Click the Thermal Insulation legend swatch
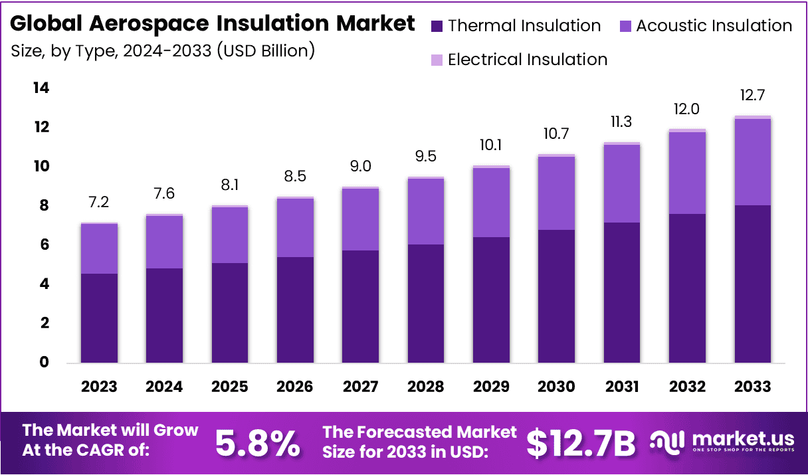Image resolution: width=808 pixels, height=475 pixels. tap(437, 27)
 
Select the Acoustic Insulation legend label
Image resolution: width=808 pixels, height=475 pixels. tap(714, 26)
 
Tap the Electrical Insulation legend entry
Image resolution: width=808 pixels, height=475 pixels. tap(527, 60)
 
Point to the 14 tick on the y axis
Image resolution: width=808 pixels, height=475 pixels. tap(41, 88)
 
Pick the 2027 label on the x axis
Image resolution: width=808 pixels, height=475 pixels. tap(360, 387)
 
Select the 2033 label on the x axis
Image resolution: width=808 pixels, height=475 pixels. tap(753, 387)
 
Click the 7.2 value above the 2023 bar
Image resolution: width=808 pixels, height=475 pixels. tap(99, 201)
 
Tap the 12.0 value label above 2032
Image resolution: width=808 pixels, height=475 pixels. tap(687, 109)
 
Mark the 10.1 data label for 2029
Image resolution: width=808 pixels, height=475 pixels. tap(491, 145)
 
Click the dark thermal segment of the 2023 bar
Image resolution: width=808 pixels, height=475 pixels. tap(99, 318)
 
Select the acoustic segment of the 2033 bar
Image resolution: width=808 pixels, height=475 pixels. tap(753, 162)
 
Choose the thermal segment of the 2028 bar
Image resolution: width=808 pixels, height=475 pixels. tap(425, 304)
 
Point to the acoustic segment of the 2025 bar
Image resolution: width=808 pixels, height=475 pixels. tap(230, 235)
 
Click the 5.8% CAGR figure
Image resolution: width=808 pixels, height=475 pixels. tap(257, 444)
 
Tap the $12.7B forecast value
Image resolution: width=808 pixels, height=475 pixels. tap(581, 444)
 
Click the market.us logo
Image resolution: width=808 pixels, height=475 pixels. tap(722, 441)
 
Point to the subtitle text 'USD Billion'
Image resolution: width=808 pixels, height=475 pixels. tap(266, 50)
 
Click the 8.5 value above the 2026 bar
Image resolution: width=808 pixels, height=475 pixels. tap(295, 177)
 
